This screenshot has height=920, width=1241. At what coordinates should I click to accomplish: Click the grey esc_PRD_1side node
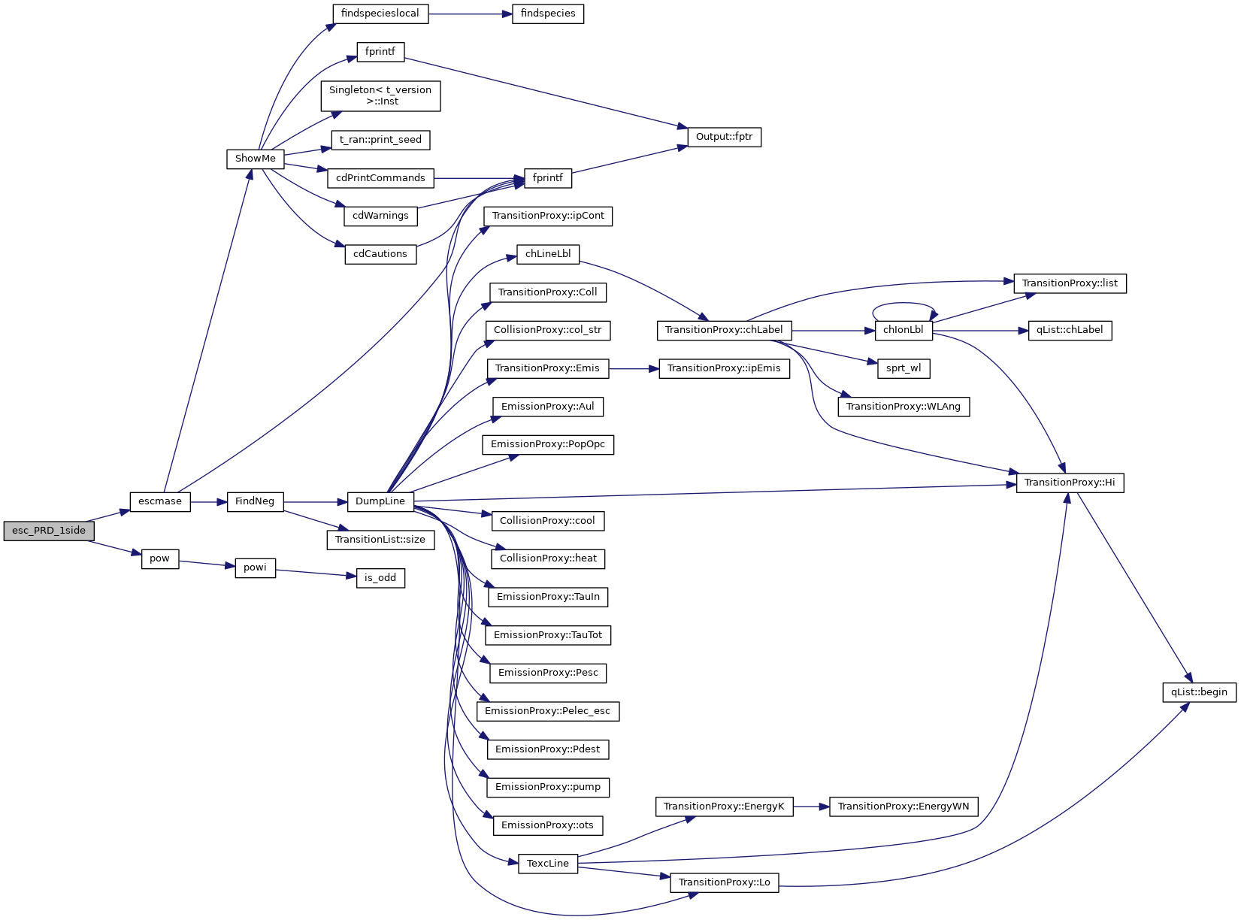pyautogui.click(x=49, y=531)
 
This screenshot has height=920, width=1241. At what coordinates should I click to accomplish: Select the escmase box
pyautogui.click(x=160, y=501)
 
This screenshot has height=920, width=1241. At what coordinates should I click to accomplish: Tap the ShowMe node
pyautogui.click(x=256, y=159)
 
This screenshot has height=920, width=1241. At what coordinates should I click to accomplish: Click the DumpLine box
pyautogui.click(x=380, y=501)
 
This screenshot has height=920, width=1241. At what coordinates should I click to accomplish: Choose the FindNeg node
pyautogui.click(x=255, y=501)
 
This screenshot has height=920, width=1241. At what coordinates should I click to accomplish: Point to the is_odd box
pyautogui.click(x=380, y=578)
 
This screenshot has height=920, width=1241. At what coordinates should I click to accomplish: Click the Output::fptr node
pyautogui.click(x=724, y=137)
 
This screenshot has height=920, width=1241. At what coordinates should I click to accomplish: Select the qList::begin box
pyautogui.click(x=1199, y=692)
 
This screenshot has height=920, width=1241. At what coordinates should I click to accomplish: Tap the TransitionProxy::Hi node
pyautogui.click(x=1070, y=483)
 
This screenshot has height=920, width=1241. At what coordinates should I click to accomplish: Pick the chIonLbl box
pyautogui.click(x=903, y=330)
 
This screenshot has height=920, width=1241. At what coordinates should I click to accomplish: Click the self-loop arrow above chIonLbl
pyautogui.click(x=903, y=304)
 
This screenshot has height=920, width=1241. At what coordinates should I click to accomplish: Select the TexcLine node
pyautogui.click(x=548, y=864)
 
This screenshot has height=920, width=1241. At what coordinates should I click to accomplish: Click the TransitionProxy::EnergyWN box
pyautogui.click(x=904, y=807)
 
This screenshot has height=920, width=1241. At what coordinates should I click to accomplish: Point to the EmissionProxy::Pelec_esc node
pyautogui.click(x=548, y=711)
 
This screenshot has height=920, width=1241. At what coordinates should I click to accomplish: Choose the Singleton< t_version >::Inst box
pyautogui.click(x=380, y=95)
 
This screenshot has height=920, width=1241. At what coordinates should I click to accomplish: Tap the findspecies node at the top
pyautogui.click(x=548, y=14)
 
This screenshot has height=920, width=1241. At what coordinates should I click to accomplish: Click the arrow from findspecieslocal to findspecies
pyautogui.click(x=470, y=14)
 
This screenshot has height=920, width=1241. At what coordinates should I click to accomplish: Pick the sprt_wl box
pyautogui.click(x=904, y=368)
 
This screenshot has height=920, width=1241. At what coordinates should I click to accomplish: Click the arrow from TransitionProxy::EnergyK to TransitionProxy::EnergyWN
pyautogui.click(x=811, y=807)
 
